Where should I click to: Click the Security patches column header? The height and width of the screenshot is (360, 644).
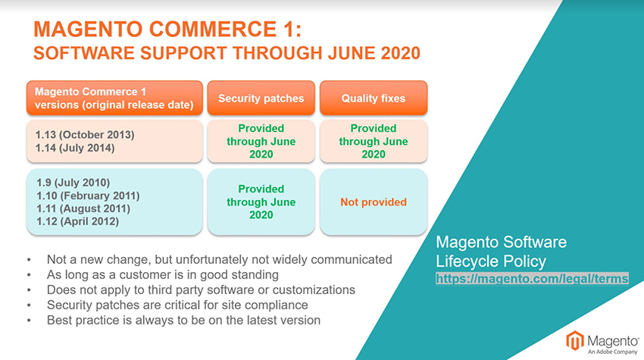pos(261,98)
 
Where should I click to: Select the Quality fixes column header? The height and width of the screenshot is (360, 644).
pos(374,98)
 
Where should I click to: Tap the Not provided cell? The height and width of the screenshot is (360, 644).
pos(374,202)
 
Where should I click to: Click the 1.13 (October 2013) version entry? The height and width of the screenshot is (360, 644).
pos(85,135)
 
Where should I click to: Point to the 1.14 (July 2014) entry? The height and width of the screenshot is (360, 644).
pos(75,148)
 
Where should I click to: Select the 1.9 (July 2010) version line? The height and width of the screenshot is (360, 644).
pos(73,183)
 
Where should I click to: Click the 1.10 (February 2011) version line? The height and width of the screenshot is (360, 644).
pos(88,196)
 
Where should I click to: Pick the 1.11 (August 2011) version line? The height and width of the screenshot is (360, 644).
pos(83,208)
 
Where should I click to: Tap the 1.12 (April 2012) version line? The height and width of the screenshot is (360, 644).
pos(77,221)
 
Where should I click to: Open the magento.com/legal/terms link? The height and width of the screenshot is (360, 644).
pos(532,279)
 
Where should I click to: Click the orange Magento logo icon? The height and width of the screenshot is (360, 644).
pos(575,341)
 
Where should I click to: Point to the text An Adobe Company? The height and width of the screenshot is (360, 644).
pos(612,352)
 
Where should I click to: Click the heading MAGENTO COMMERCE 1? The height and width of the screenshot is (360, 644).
pos(167,29)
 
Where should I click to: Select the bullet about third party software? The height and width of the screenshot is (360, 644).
pos(201,290)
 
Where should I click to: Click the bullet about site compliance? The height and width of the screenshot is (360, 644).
pos(177,305)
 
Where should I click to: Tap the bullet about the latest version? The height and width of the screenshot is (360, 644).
pos(183,320)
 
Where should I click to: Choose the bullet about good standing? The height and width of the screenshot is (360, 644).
pos(163,274)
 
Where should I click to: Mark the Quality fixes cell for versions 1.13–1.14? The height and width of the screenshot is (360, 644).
pos(374,141)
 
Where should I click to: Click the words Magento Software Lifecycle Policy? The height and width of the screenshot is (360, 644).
pos(501,252)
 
